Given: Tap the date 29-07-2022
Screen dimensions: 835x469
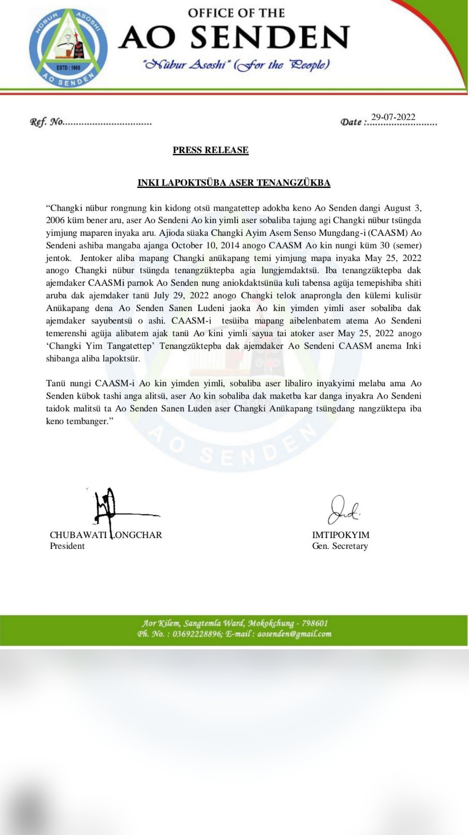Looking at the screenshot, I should point(393,117).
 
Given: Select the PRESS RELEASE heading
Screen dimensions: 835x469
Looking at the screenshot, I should point(211,150).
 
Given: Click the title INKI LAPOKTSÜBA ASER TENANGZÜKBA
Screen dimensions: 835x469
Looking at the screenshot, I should point(234,183).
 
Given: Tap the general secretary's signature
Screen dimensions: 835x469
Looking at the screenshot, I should point(343,510).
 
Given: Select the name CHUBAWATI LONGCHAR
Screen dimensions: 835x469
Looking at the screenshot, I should point(106,535).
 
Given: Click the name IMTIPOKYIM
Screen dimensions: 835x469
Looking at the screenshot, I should point(340,535).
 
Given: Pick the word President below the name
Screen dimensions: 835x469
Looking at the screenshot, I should point(67,546).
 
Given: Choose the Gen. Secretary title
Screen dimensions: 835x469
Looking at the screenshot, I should point(340,546).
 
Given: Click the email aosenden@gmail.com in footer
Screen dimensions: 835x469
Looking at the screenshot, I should point(294,634).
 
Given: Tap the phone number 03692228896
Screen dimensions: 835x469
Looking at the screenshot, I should point(197,634).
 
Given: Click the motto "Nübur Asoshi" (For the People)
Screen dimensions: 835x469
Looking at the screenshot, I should point(236,65).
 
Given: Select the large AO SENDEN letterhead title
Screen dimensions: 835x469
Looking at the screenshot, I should point(234,37).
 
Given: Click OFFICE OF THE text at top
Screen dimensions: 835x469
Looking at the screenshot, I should point(236,13).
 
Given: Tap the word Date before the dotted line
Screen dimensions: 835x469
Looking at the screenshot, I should point(351,122).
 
